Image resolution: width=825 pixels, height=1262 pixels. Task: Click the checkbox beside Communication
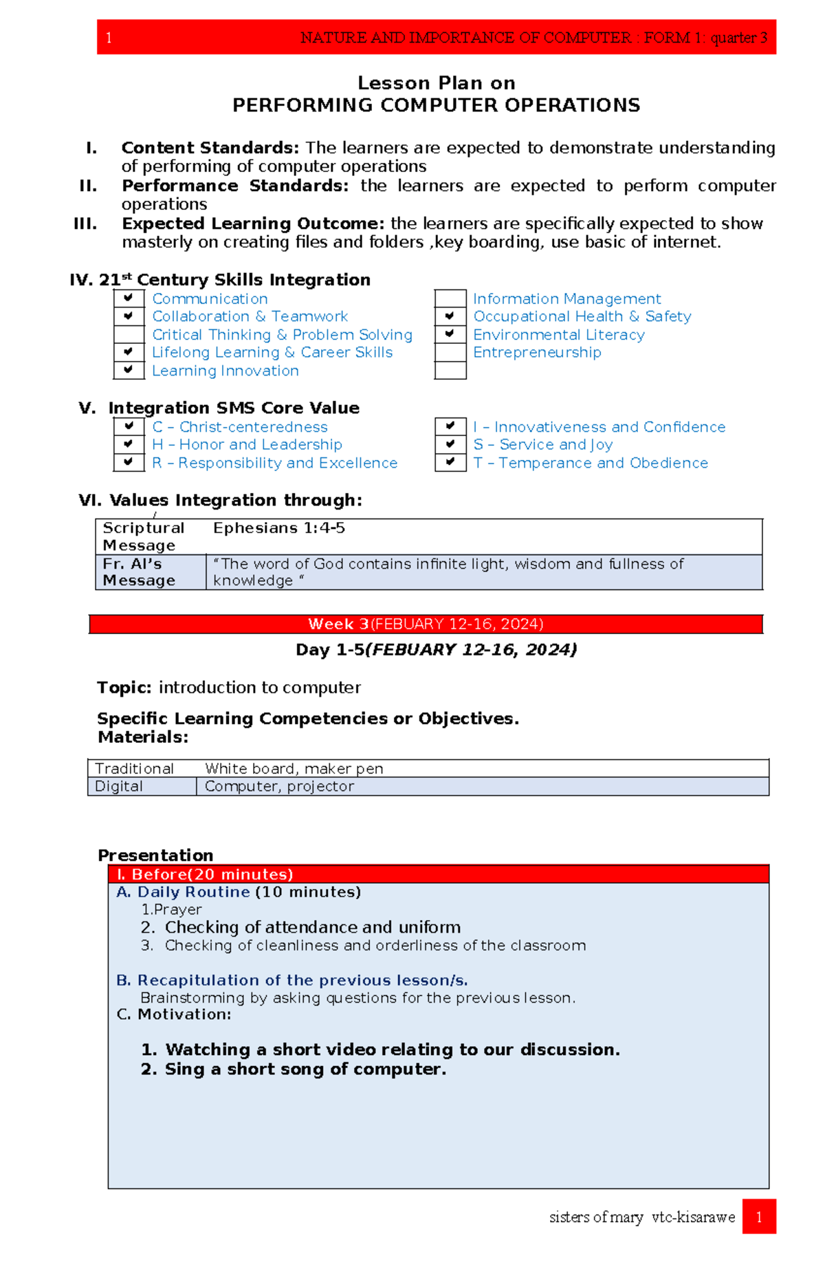click(x=129, y=298)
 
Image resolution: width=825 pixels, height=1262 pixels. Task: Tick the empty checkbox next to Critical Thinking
click(x=129, y=335)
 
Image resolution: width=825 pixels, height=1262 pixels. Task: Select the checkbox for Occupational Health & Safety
click(x=450, y=316)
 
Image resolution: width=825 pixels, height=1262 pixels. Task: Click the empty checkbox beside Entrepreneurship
click(x=450, y=352)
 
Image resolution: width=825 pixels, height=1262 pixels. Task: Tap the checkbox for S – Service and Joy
click(x=450, y=444)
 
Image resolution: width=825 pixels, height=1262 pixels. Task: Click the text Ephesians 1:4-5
click(x=278, y=528)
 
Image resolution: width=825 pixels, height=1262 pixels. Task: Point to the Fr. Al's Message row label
click(x=139, y=572)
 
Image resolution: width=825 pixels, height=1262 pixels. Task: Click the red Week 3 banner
click(x=426, y=624)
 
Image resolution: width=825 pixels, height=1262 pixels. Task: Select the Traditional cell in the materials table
click(x=135, y=768)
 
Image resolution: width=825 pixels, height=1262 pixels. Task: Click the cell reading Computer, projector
click(x=279, y=786)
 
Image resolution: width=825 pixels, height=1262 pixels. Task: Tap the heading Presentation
click(x=155, y=855)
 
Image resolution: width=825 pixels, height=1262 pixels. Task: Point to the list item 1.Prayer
click(x=171, y=909)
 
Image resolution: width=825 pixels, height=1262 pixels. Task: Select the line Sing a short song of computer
click(x=294, y=1069)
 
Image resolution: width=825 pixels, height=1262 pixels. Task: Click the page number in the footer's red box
click(x=758, y=1217)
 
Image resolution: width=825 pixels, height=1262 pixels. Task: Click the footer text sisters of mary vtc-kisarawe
click(x=641, y=1217)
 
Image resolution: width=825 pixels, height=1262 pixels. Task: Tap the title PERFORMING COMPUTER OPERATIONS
click(x=436, y=105)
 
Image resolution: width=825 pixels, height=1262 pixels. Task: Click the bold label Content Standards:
click(x=210, y=148)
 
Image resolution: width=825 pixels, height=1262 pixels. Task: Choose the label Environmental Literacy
click(x=558, y=335)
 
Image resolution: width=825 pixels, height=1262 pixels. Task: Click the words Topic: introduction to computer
click(x=228, y=687)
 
